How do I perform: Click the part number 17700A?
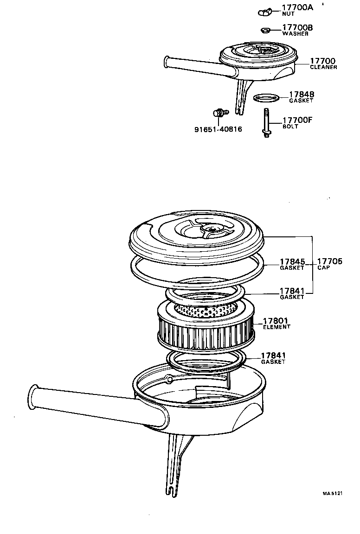click(x=298, y=7)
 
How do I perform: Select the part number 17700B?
click(x=297, y=28)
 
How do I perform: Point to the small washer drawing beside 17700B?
click(x=266, y=31)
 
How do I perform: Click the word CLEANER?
click(x=323, y=67)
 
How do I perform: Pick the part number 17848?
click(x=302, y=94)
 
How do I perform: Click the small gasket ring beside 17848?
click(x=267, y=98)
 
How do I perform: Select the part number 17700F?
click(x=298, y=120)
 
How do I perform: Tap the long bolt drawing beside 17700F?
click(x=267, y=123)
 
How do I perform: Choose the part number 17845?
click(x=292, y=261)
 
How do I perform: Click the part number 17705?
click(x=330, y=261)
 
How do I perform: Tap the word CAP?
click(x=323, y=268)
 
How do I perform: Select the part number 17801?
click(x=276, y=320)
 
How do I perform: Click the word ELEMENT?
click(x=276, y=327)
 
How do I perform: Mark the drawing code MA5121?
click(x=333, y=494)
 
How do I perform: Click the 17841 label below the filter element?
click(x=273, y=355)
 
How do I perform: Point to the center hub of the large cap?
click(x=212, y=228)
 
